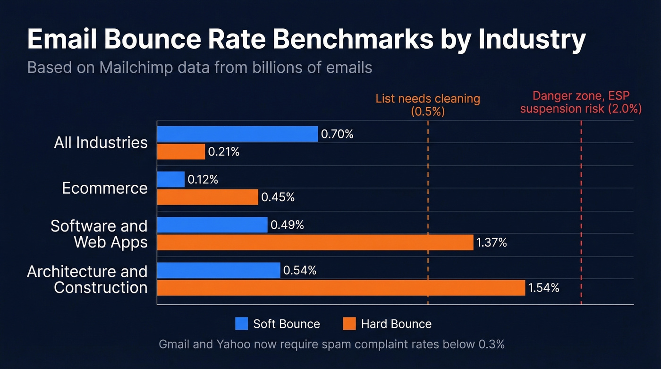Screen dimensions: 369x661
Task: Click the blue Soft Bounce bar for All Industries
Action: (237, 134)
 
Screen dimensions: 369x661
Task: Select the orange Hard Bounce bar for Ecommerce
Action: (207, 197)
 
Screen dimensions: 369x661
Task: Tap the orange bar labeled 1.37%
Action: (315, 242)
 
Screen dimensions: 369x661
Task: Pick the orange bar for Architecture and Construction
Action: (340, 288)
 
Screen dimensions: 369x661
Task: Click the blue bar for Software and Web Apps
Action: (212, 225)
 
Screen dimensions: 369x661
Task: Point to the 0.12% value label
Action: (203, 180)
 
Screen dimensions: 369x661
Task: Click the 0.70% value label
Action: (337, 134)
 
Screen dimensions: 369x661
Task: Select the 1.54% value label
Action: (543, 288)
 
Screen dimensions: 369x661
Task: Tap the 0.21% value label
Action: (224, 152)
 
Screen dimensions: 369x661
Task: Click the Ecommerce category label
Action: (105, 188)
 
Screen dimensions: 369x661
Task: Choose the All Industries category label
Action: (101, 143)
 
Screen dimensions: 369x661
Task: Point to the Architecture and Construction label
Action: (88, 279)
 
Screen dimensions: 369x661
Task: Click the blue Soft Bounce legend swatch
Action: (241, 324)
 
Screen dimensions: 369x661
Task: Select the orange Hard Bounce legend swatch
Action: (349, 324)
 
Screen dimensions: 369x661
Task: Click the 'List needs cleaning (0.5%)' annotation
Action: (427, 105)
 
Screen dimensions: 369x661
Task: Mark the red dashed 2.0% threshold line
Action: (581, 213)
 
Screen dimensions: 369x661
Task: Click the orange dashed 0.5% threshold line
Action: (428, 213)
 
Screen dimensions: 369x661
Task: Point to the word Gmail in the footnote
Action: (174, 344)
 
